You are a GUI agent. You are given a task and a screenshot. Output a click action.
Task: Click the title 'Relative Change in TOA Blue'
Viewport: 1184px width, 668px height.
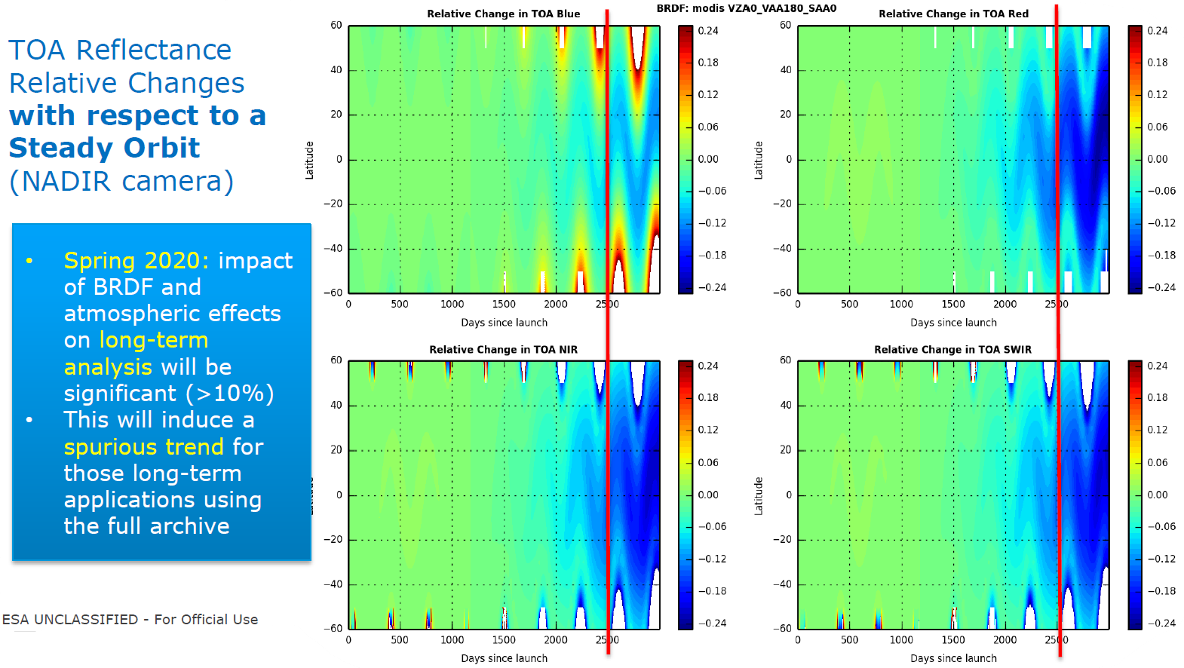tap(503, 14)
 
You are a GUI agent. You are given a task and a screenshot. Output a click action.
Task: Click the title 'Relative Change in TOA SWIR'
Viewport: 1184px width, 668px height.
tap(952, 349)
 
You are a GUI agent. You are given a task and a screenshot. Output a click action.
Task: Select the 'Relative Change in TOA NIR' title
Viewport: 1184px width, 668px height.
tap(503, 349)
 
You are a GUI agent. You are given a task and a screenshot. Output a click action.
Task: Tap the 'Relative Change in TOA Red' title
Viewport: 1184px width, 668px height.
tap(953, 14)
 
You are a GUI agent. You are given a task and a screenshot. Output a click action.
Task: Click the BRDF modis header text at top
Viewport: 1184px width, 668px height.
tap(746, 8)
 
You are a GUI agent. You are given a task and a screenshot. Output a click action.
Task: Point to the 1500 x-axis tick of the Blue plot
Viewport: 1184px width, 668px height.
tap(504, 304)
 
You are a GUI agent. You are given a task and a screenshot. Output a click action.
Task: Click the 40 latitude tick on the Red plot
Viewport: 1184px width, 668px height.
tap(785, 69)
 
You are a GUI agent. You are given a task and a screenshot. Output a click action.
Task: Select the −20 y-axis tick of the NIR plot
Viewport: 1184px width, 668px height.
tap(333, 539)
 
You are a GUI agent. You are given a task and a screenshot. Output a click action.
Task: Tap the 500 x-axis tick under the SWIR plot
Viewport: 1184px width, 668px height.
tap(849, 639)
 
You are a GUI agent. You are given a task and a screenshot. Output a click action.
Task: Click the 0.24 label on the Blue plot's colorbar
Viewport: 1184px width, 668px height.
tap(707, 30)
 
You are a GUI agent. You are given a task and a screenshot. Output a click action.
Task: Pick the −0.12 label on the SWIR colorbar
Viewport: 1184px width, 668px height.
tap(1161, 559)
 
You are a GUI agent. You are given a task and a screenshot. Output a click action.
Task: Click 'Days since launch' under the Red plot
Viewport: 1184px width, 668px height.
tap(953, 322)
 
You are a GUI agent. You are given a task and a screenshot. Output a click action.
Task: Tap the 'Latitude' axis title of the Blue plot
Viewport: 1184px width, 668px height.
tap(309, 160)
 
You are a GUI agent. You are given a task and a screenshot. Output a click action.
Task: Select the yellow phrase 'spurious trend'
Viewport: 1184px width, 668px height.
tap(143, 446)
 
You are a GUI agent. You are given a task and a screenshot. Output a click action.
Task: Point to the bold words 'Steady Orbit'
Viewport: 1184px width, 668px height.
tap(104, 148)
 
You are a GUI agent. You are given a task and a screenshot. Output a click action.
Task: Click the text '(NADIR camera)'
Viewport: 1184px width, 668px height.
tap(121, 181)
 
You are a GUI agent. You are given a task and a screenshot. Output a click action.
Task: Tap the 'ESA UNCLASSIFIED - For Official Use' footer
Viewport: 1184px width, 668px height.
tap(130, 619)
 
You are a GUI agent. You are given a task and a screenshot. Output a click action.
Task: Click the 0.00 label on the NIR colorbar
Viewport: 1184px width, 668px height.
tap(707, 495)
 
